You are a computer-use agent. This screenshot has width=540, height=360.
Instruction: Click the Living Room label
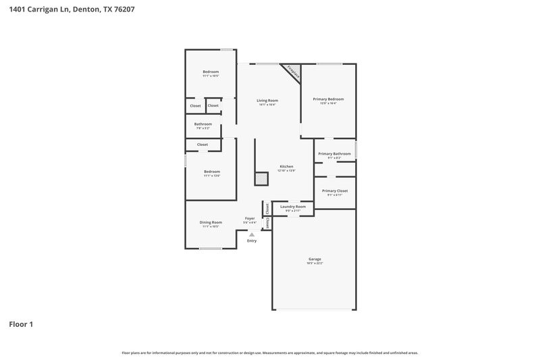(267, 101)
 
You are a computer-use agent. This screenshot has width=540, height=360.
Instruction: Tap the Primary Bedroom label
(328, 99)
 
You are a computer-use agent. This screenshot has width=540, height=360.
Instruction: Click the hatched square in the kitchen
(261, 178)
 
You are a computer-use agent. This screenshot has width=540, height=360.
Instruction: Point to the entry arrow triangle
(252, 234)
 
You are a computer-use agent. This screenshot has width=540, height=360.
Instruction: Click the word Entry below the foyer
(252, 241)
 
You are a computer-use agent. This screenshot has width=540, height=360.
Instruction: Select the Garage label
(315, 259)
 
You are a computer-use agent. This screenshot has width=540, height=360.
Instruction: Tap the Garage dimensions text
(315, 263)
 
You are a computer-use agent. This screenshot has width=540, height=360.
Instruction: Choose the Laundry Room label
(293, 207)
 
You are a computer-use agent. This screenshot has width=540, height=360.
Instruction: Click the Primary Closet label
(335, 191)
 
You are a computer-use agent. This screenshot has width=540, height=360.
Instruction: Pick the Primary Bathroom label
(334, 154)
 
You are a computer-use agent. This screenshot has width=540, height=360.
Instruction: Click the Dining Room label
(211, 222)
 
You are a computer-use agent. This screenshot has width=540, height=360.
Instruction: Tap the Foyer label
(250, 218)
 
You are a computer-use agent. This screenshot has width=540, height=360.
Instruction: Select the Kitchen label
(286, 167)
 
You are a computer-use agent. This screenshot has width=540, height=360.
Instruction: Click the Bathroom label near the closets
(203, 124)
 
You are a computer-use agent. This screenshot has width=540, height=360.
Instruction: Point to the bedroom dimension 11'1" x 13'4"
(211, 176)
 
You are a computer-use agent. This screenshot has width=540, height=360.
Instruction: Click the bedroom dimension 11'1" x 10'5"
(211, 76)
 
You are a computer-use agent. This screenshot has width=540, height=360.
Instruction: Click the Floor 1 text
(21, 324)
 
